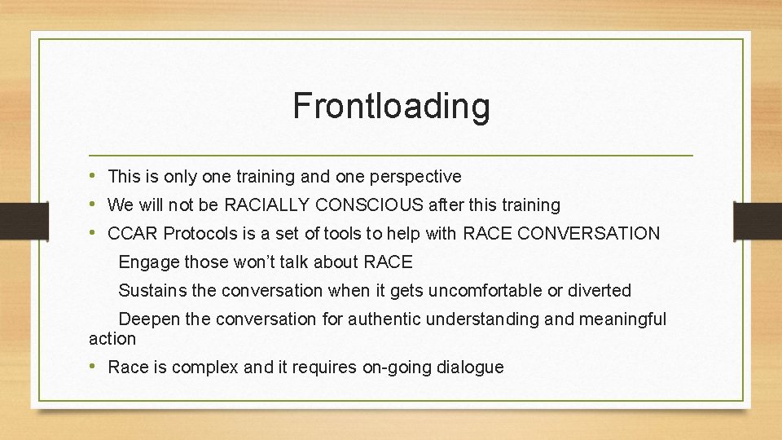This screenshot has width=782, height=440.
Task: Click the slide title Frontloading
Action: [391, 106]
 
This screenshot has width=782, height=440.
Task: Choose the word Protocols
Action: [200, 234]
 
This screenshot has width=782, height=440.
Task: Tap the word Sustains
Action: [152, 290]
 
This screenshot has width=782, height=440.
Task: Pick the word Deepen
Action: [149, 319]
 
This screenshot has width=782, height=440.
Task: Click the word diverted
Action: [601, 290]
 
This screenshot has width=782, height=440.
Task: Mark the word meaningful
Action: [622, 319]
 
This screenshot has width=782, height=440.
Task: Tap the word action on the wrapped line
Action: [112, 338]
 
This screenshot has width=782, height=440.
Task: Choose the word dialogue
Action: [470, 367]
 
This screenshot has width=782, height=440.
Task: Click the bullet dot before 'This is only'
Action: [94, 177]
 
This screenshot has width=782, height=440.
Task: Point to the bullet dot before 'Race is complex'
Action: [94, 367]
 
